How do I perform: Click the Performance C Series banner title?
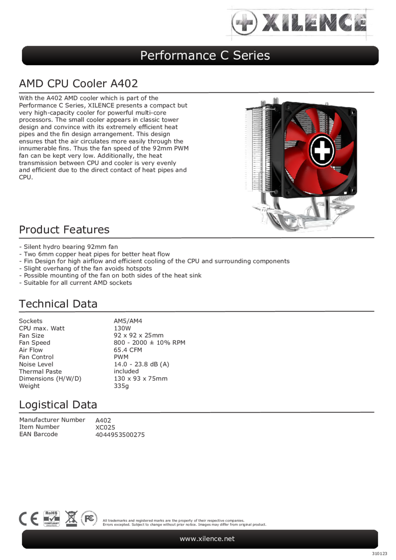coord(205,56)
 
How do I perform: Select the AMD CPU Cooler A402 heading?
coord(78,83)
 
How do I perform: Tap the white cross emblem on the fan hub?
coord(322,150)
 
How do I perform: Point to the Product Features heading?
coord(64,230)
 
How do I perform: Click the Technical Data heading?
coord(58,304)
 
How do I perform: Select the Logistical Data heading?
coord(58,405)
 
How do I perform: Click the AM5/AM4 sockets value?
coord(128,321)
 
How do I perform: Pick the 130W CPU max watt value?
coord(122,328)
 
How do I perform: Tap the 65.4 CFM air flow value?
coord(128,350)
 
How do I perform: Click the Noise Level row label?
coord(36,364)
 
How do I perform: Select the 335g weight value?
coord(121,386)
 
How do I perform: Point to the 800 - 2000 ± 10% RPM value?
coord(149,343)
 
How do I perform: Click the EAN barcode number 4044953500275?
coord(120,435)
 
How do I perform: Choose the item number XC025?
coord(105,427)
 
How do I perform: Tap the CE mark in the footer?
coord(29,518)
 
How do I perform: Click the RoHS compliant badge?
coord(51,518)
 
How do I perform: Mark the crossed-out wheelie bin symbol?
coord(71,518)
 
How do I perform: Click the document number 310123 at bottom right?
coord(380,554)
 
